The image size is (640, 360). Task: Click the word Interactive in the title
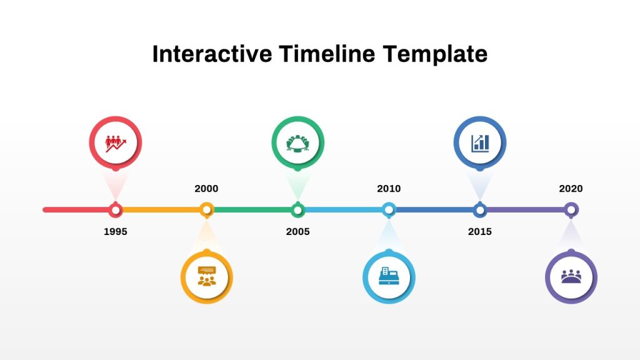coord(212,54)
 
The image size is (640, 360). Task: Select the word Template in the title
coord(435,54)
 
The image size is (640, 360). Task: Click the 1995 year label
coord(116,232)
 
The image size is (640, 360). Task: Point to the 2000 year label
coord(206,189)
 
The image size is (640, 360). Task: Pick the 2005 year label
coord(297,232)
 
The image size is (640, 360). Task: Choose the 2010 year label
coord(389,189)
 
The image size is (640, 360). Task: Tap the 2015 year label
coord(479,232)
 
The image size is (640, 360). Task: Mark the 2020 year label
coord(571,189)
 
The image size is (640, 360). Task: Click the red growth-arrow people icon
coord(116,143)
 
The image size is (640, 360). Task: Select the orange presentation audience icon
coord(206,276)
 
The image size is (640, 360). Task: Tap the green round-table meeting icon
coord(297,143)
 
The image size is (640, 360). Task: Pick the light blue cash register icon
coord(389,276)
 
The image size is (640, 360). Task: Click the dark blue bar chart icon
coord(479,143)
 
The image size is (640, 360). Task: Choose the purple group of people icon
coord(571,276)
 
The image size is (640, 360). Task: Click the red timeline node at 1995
coord(116,209)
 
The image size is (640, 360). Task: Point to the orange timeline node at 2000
coord(206,209)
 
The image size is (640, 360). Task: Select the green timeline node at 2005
coord(297,209)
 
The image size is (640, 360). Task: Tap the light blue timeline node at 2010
coord(389,209)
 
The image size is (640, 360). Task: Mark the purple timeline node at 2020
coord(571,209)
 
